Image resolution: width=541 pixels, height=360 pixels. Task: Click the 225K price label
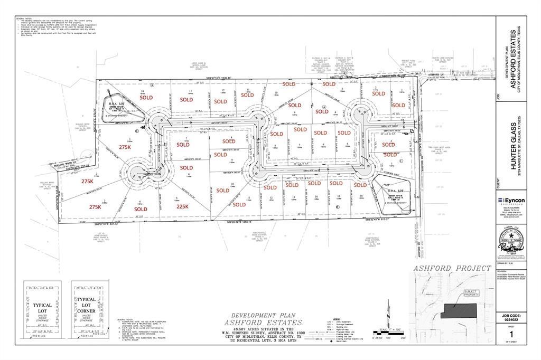pos(182,207)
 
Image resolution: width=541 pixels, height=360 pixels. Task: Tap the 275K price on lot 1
pos(125,147)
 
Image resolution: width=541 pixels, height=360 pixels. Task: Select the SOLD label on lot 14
pos(146,98)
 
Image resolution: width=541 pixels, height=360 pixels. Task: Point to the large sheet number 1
pos(510,334)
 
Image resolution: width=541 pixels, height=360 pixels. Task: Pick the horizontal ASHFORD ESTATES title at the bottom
pos(264,322)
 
